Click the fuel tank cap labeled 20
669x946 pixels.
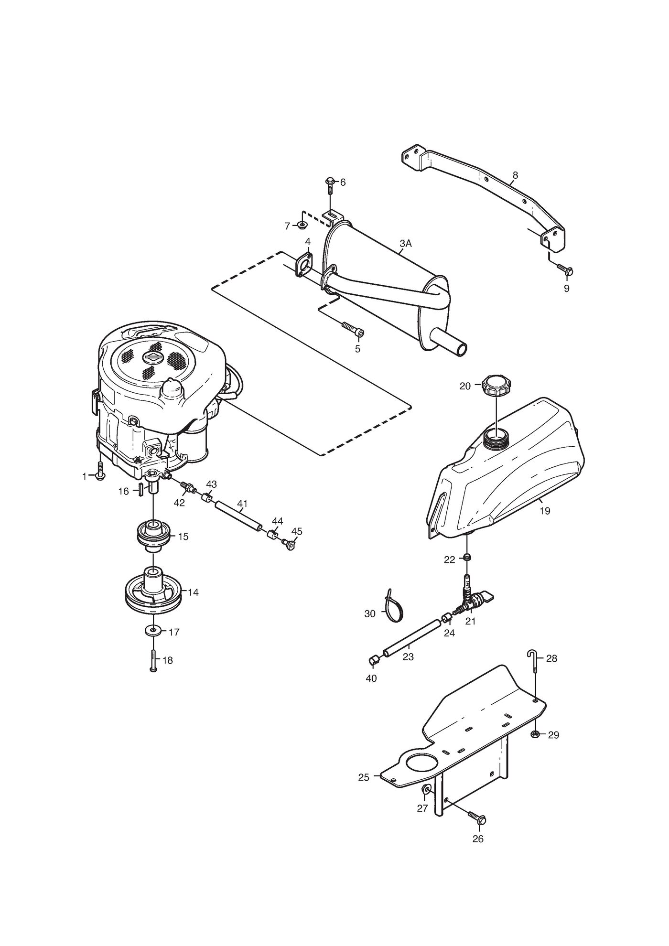coord(497,385)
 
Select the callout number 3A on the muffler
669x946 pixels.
coord(405,244)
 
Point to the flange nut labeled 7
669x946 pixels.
coord(302,225)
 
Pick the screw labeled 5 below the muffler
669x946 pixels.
coord(353,330)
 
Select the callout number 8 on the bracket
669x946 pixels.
coord(515,175)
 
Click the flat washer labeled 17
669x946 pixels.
coord(153,631)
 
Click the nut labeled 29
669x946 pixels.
coord(536,734)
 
